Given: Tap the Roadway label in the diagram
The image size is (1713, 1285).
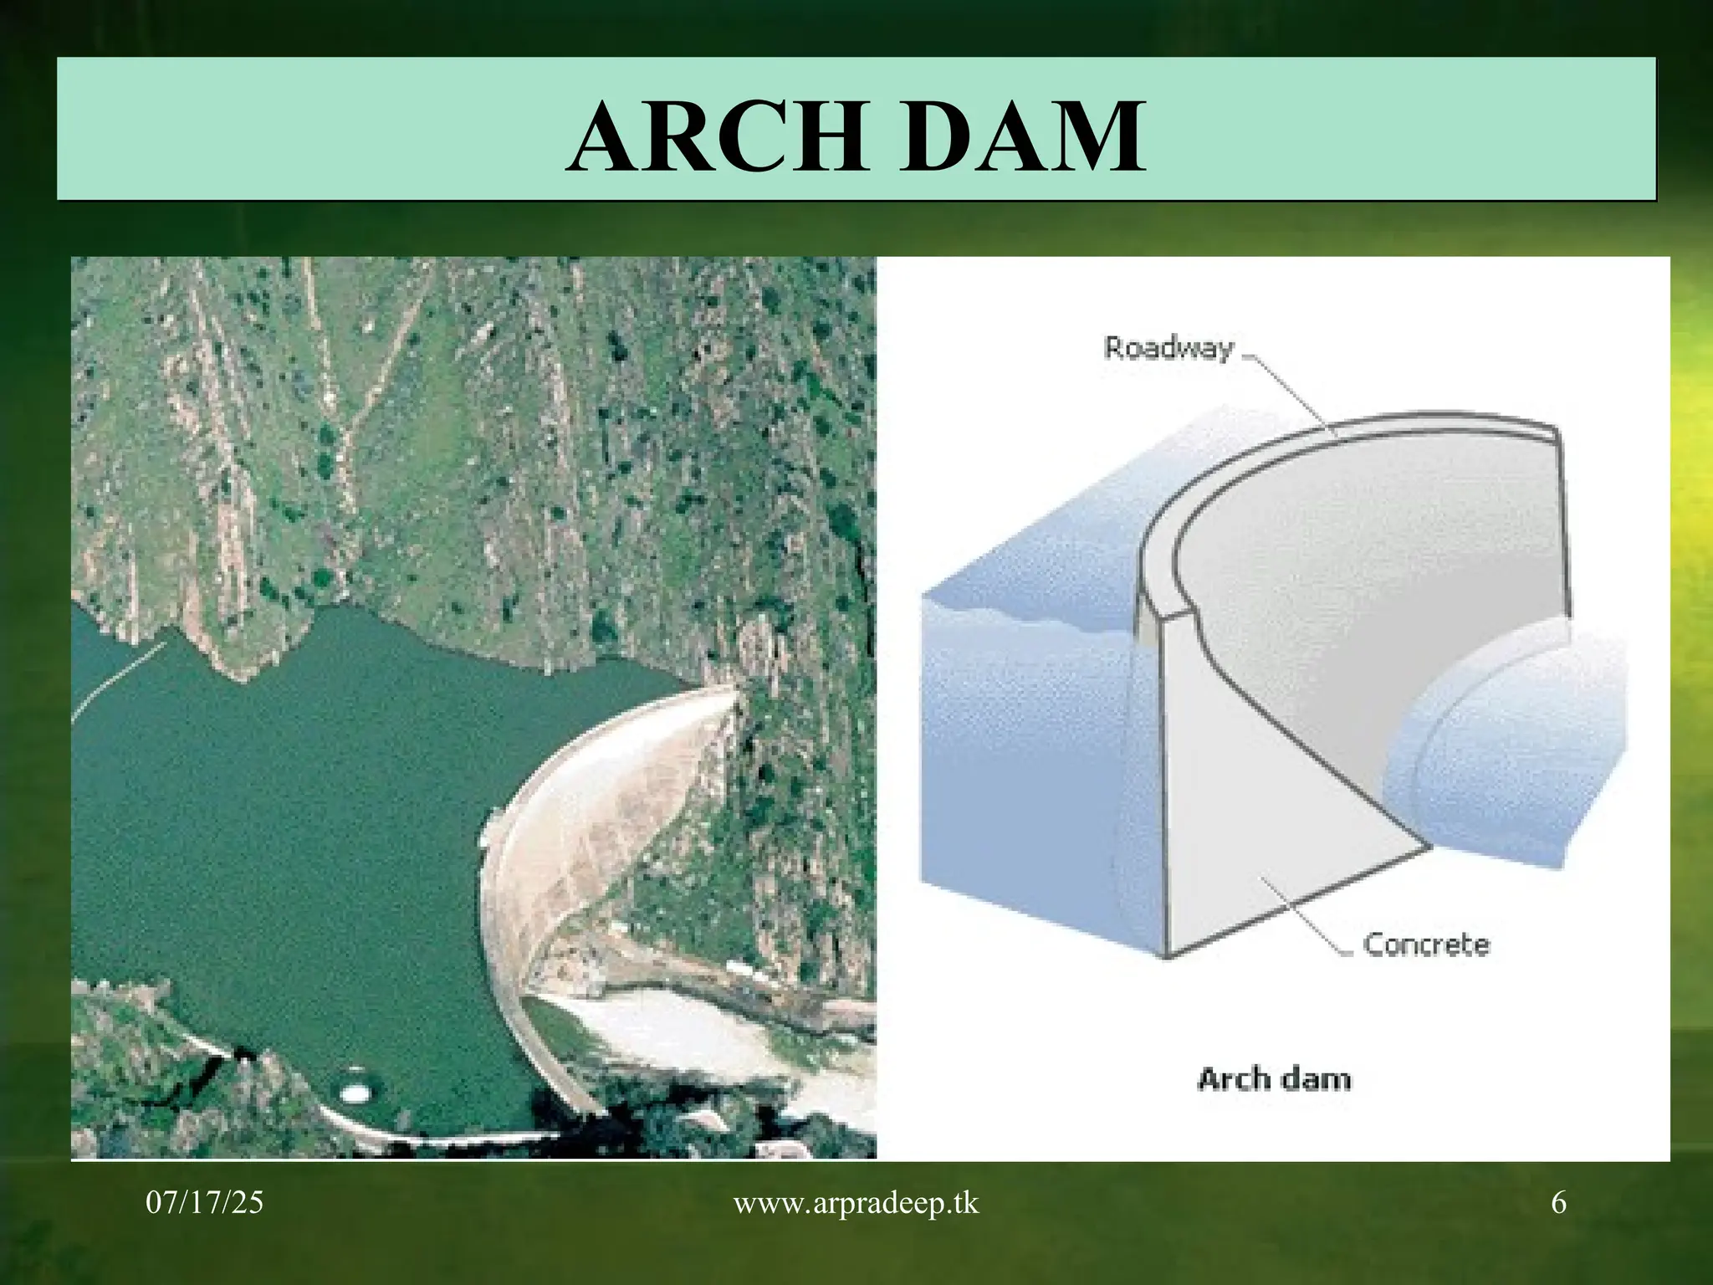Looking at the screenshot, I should pos(1168,348).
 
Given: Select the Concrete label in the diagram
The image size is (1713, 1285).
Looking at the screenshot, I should pos(1426,945).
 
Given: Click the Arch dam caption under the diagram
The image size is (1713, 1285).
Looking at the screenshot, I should pos(1274,1079).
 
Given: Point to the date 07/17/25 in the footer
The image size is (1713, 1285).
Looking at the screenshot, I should pos(204,1203).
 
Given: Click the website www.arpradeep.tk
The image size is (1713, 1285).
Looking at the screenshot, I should pos(856,1203).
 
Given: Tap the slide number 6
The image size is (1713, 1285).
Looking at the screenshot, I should pos(1558,1203).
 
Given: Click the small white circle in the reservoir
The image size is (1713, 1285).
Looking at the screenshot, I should pos(354,1093).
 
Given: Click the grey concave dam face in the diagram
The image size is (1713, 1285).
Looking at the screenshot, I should pos(1338,602).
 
